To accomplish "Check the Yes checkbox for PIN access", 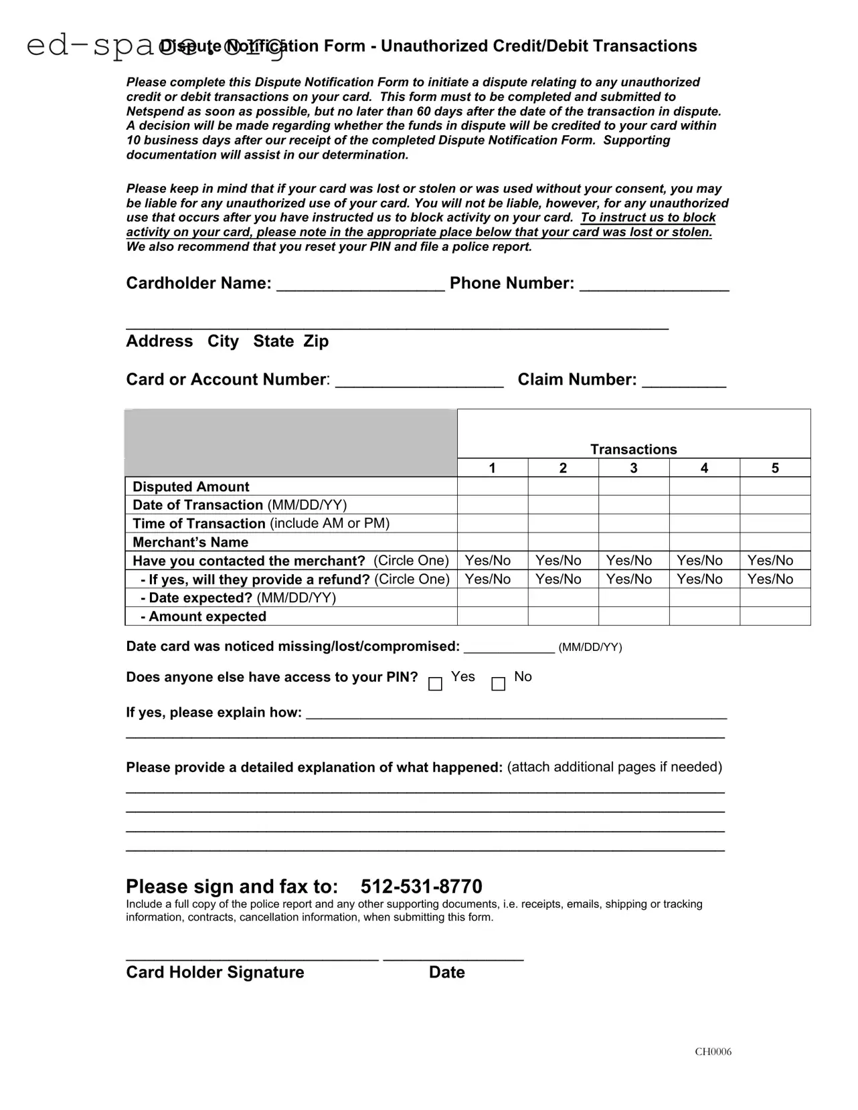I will pos(435,684).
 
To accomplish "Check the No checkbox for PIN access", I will pos(498,684).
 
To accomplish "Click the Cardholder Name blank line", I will pos(360,286).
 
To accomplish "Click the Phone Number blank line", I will pos(654,286).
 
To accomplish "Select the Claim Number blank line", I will pos(683,382).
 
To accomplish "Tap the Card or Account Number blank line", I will pos(419,382).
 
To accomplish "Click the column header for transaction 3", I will pos(633,468).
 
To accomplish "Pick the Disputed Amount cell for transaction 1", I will pos(492,486).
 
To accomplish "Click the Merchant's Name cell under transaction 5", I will pos(774,542).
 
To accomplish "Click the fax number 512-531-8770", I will pos(421,887).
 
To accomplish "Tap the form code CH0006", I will pos(713,1051).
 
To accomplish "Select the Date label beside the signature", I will pos(446,972).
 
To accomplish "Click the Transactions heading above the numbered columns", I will pos(633,449).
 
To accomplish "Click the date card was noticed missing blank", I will pos(509,647).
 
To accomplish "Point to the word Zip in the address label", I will pos(316,341).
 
